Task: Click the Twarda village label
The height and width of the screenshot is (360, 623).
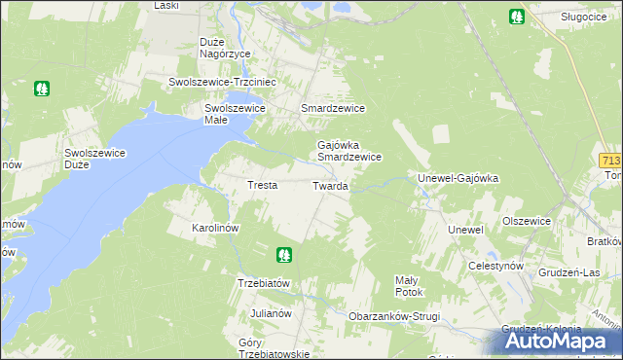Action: point(330,185)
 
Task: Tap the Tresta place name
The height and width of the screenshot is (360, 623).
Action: point(262,185)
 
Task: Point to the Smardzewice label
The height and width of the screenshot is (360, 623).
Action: point(333,108)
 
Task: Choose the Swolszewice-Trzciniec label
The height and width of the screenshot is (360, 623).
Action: point(224,83)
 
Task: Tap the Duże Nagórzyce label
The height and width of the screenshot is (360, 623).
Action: point(225,48)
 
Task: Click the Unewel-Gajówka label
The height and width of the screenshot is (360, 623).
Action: point(458,179)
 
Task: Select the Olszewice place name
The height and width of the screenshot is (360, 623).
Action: point(527,221)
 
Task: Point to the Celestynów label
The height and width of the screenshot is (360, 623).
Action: point(495,266)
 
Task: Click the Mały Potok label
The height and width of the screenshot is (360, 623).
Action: point(408,285)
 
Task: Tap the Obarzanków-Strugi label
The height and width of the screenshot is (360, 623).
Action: point(394,317)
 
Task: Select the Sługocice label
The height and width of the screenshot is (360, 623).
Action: point(585,17)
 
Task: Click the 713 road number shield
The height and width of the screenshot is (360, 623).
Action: point(611,160)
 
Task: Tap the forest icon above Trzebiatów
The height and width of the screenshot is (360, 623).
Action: point(284,255)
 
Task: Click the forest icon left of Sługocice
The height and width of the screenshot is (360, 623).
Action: point(516,17)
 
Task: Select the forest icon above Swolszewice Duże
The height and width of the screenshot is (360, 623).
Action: point(42,89)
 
